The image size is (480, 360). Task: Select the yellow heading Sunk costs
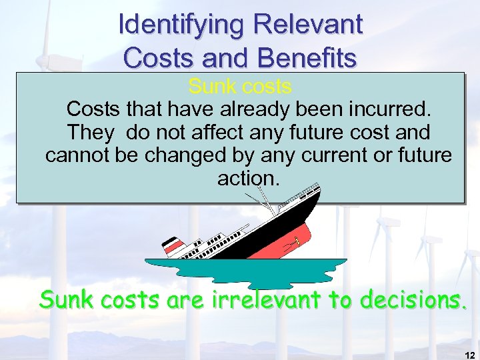239,87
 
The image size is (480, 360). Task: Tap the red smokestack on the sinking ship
175,246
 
